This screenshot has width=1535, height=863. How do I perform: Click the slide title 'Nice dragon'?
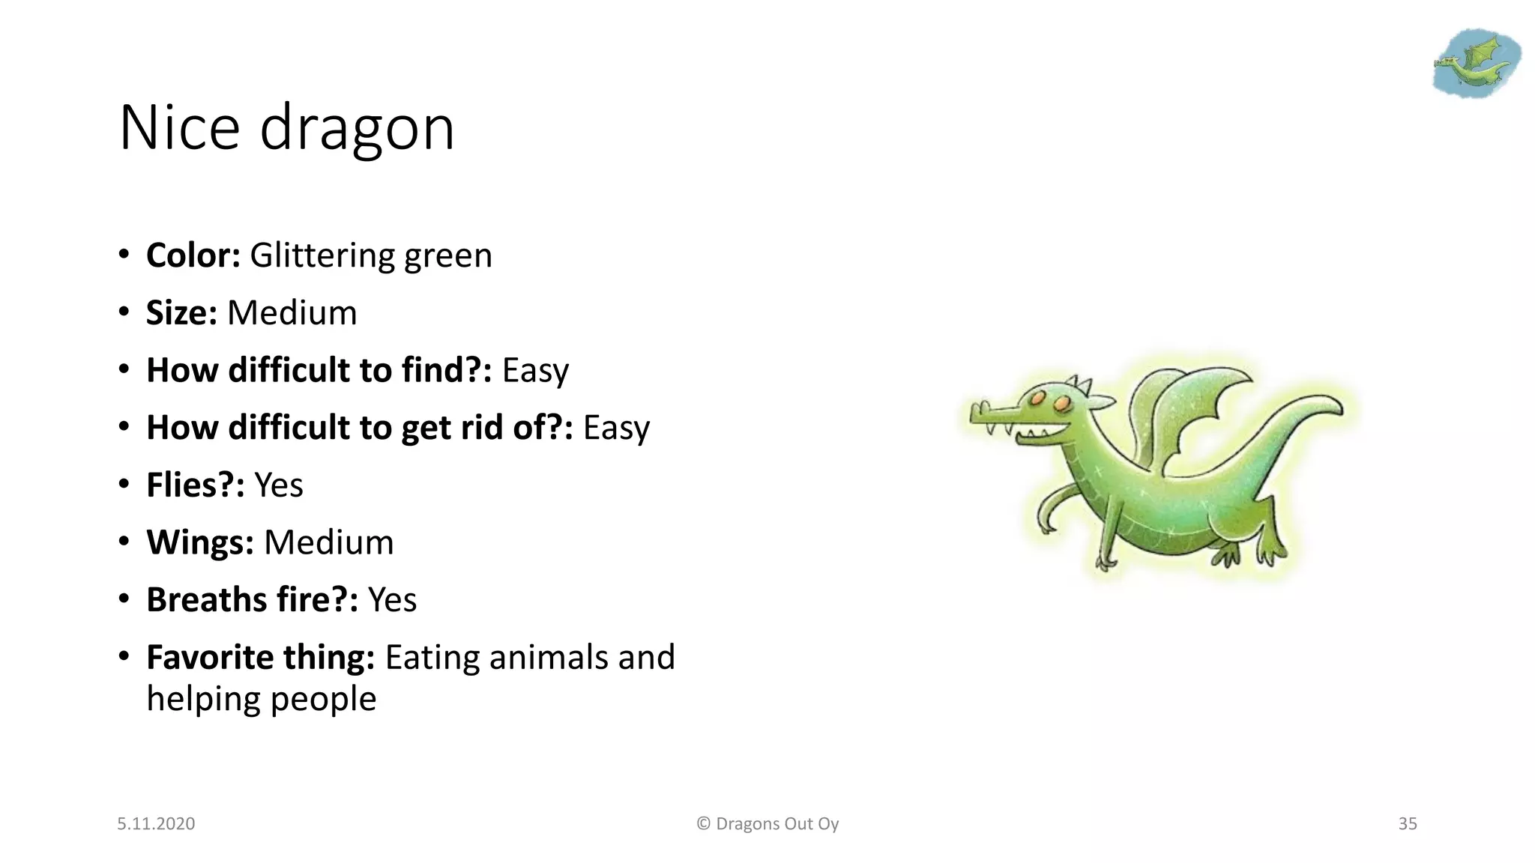286,128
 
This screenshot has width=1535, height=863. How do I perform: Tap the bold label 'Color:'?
193,255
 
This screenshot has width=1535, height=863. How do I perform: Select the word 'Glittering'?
322,255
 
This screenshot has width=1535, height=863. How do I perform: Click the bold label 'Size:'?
181,313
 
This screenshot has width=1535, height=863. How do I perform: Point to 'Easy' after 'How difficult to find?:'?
535,371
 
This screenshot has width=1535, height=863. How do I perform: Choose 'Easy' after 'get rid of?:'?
616,428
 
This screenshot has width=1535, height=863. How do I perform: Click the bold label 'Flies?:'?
195,485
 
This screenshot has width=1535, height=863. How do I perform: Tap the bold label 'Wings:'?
199,542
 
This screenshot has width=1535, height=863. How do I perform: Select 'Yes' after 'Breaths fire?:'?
392,600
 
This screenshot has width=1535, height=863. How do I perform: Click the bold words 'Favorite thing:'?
260,658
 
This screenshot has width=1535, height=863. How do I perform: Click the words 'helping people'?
261,699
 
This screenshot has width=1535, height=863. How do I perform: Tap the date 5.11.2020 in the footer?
156,824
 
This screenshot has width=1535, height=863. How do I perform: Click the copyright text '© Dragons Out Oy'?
767,824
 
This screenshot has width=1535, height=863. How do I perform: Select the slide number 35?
1408,824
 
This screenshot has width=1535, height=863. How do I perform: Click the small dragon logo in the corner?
1476,63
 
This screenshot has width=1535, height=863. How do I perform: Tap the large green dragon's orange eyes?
1049,401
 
